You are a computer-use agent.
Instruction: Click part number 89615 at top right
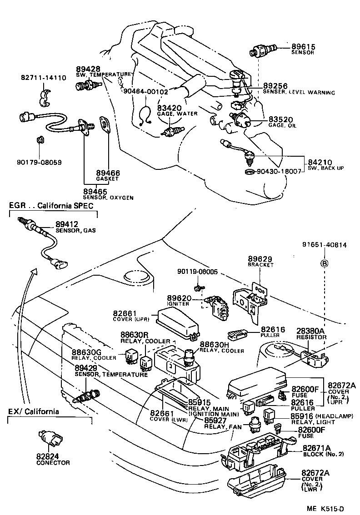click(x=303, y=47)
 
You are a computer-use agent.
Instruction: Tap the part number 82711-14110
click(x=43, y=78)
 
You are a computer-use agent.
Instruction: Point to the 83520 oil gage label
click(x=280, y=120)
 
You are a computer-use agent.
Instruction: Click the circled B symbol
click(x=324, y=263)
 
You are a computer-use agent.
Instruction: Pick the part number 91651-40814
click(x=325, y=245)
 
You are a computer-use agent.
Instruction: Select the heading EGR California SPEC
click(x=51, y=206)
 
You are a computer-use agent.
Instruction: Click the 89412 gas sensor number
click(x=67, y=224)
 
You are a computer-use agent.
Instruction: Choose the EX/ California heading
click(x=34, y=411)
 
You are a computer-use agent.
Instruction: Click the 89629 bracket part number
click(x=260, y=259)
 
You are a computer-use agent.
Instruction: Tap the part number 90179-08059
click(x=39, y=162)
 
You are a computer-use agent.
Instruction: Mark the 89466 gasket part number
click(x=108, y=173)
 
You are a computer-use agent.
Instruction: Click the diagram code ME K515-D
click(x=325, y=509)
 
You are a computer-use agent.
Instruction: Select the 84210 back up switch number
click(x=320, y=162)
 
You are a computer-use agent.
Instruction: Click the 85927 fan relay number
click(x=215, y=421)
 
